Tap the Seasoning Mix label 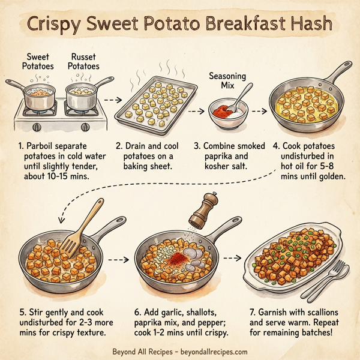(x=226, y=81)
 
